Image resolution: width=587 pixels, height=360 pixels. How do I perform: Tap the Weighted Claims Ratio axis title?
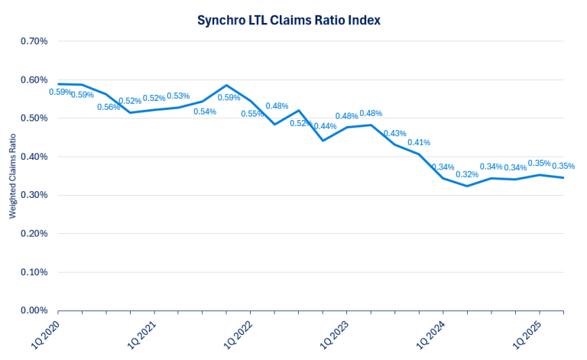13,175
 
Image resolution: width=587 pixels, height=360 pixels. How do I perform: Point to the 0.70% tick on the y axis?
33,41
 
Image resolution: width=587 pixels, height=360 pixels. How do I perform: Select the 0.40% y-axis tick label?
33,157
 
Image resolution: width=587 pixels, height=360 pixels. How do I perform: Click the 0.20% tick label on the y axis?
33,233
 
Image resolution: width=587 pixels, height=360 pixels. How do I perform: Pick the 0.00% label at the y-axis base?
33,310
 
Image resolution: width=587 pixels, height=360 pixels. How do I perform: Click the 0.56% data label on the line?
109,107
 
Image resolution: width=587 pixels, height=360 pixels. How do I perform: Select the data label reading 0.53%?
178,96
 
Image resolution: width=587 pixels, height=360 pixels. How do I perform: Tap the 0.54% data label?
205,112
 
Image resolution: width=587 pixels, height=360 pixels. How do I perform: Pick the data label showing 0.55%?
252,114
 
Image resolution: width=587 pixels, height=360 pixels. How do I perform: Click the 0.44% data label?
325,126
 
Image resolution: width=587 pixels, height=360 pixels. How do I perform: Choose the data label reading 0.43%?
395,134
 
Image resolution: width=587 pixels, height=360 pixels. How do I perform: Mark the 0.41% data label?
419,143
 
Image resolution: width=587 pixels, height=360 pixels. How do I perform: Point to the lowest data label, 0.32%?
467,174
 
